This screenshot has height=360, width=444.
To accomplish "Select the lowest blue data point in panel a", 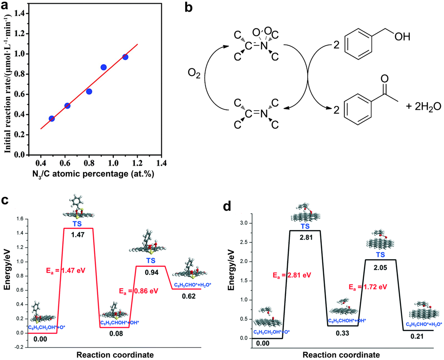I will (52, 119).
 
